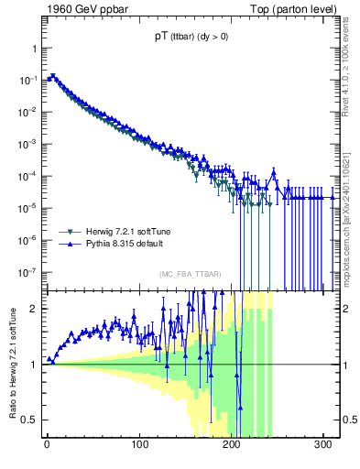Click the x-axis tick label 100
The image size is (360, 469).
pyautogui.click(x=139, y=446)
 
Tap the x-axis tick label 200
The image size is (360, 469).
pyautogui.click(x=232, y=446)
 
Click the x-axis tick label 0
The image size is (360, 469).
pyautogui.click(x=47, y=446)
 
